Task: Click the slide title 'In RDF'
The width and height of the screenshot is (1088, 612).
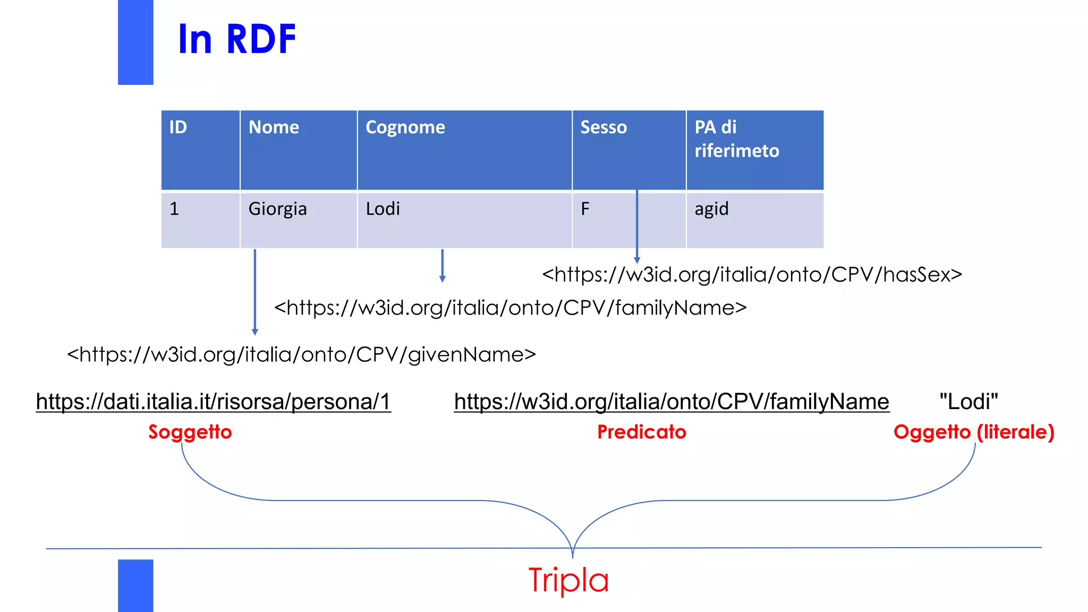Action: point(237,39)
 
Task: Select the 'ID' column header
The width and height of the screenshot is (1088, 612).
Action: point(178,127)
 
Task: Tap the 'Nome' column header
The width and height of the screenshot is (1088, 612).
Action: point(274,127)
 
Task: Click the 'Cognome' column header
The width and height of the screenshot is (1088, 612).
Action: point(405,127)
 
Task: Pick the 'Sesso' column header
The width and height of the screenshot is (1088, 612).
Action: point(603,127)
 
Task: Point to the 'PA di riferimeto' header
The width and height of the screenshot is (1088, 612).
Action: point(736,139)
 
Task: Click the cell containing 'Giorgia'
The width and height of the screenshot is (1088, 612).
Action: point(277,209)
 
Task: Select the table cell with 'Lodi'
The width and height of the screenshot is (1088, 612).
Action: point(382,209)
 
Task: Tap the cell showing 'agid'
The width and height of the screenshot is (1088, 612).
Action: point(711,209)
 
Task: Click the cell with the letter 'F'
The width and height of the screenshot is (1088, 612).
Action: point(585,209)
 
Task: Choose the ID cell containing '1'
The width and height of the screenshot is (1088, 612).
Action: point(174,209)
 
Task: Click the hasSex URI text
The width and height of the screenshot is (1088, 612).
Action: point(752,275)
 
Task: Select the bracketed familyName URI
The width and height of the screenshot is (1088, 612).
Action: point(510,308)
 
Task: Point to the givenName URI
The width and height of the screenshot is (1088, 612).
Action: point(301,354)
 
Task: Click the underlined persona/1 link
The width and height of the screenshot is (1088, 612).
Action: point(214,402)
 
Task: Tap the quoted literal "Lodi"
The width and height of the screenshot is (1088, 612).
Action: point(968,402)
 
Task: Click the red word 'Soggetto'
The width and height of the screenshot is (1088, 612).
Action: point(190,432)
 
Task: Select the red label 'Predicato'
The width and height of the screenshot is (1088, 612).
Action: point(642,432)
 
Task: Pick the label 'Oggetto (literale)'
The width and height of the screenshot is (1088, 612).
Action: point(973,432)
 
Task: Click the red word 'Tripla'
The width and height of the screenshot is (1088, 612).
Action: point(568,580)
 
